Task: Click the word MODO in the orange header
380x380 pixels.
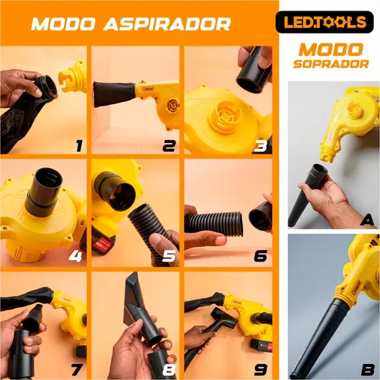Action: (x=63, y=24)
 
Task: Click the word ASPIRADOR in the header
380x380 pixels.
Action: (x=167, y=24)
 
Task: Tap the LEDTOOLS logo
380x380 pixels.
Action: (x=325, y=22)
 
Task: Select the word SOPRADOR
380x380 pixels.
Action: (x=331, y=64)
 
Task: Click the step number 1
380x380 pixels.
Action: (x=79, y=146)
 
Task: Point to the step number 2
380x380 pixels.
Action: (x=169, y=146)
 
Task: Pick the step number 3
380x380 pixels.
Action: (x=261, y=146)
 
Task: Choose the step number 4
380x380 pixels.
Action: (x=75, y=256)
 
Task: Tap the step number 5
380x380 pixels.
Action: (x=169, y=256)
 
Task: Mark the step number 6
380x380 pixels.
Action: (x=261, y=256)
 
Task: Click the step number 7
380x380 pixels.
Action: (x=77, y=370)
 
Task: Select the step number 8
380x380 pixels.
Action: (x=169, y=370)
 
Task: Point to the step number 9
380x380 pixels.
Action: (x=261, y=370)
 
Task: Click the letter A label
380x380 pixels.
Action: (x=367, y=220)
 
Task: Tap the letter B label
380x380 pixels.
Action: (x=368, y=370)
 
